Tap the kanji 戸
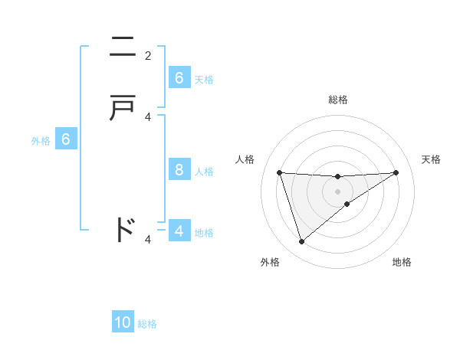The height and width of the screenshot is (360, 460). click(124, 109)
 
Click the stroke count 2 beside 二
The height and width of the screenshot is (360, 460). click(148, 55)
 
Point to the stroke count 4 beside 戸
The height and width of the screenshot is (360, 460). click(148, 116)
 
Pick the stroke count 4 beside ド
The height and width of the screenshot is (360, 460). click(148, 239)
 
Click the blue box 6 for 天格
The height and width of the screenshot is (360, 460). click(179, 77)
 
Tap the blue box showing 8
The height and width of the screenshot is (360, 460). click(179, 169)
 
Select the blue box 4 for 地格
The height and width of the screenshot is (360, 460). click(179, 231)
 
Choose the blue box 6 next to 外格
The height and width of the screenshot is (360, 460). click(66, 139)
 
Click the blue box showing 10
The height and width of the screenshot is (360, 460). click(123, 322)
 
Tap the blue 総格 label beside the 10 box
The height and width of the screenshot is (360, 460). click(147, 324)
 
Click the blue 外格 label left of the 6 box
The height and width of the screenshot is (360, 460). click(41, 141)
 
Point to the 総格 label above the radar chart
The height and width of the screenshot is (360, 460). click(337, 100)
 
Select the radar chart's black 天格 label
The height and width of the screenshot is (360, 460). click(431, 159)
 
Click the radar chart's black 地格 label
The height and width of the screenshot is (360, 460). click(402, 262)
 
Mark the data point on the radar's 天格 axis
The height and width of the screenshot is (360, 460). click(396, 172)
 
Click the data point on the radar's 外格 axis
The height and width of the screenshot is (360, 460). click(301, 242)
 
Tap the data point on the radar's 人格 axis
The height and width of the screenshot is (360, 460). click(279, 172)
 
